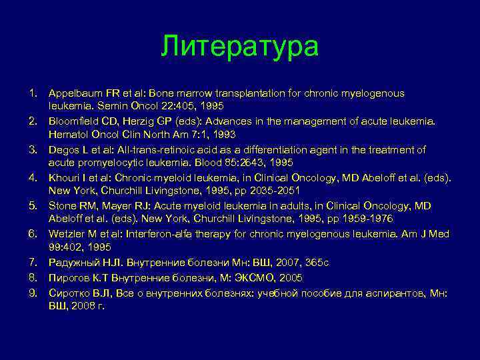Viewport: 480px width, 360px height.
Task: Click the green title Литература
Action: click(240, 47)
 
